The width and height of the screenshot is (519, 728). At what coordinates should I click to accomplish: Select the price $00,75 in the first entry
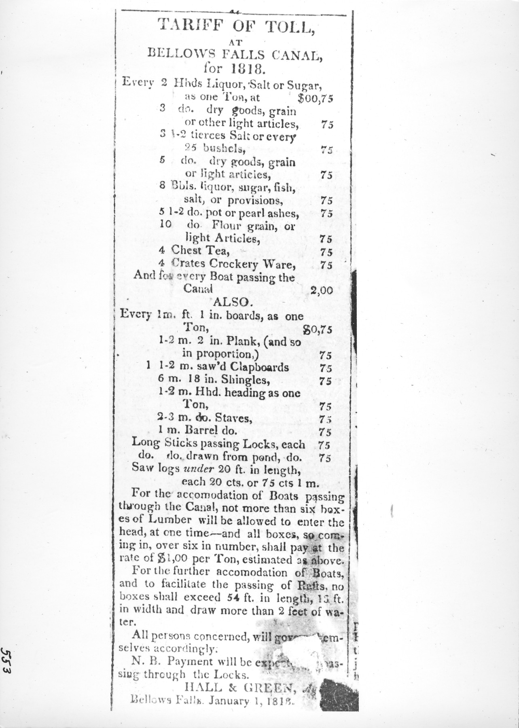(x=315, y=98)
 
